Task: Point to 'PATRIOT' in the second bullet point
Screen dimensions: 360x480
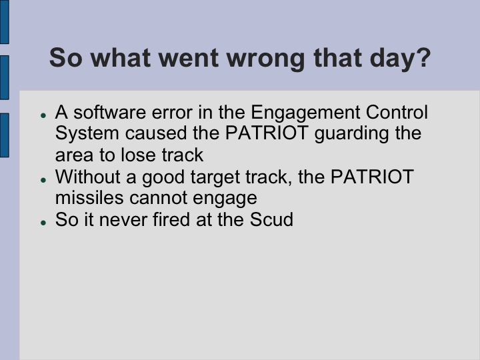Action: (375, 177)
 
